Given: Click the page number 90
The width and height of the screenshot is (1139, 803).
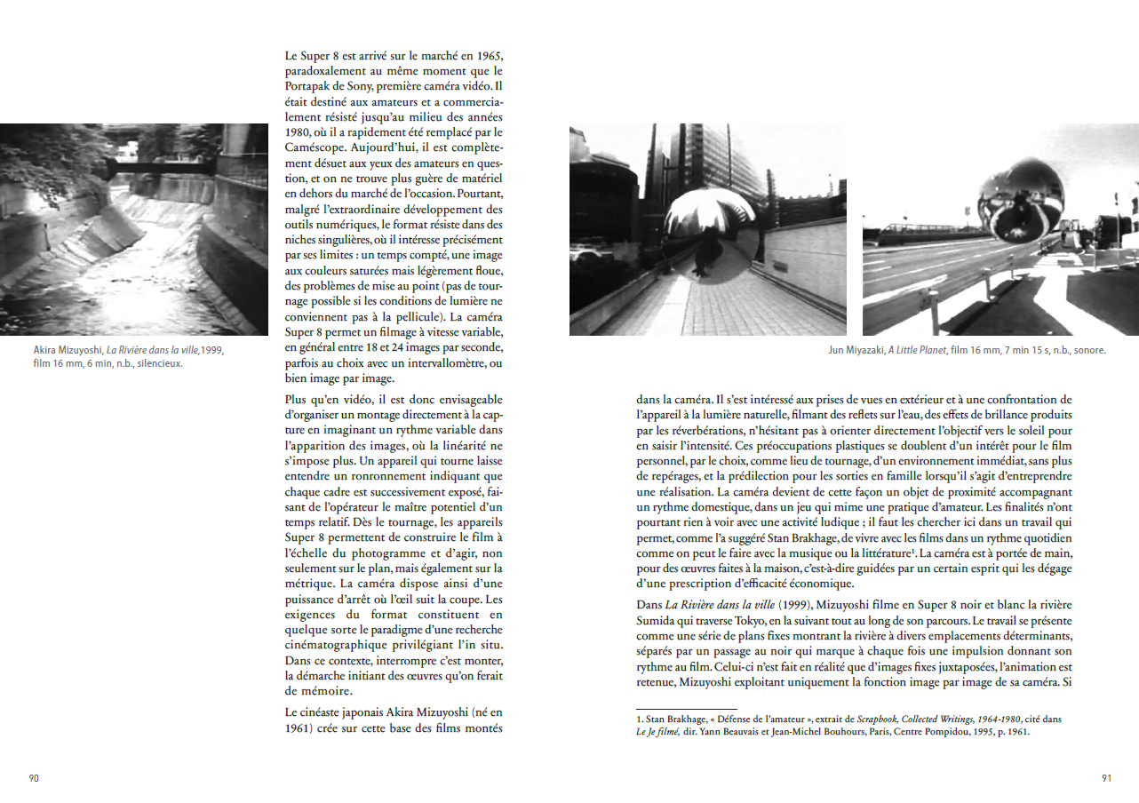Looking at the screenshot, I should click(34, 778).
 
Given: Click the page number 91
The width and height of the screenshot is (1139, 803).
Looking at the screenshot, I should click(1106, 778).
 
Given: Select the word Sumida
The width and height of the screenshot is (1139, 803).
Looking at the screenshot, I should click(658, 620).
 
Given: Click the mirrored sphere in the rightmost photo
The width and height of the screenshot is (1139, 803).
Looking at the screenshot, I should click(1020, 203).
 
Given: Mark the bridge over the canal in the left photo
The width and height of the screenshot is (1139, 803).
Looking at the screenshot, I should click(160, 165).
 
